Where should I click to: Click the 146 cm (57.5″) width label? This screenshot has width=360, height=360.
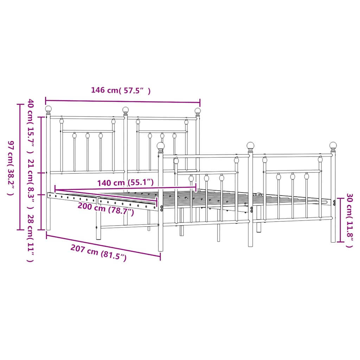[121, 90]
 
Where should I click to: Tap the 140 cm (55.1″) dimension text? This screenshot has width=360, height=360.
[126, 182]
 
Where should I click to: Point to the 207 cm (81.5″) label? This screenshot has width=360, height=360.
[98, 253]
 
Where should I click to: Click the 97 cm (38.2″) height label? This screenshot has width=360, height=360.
[11, 168]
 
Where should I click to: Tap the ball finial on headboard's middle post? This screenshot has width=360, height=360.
[125, 110]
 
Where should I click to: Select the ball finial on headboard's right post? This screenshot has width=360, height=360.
[198, 111]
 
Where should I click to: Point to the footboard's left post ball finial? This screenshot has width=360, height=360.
[161, 146]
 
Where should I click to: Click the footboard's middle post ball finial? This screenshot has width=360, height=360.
[250, 145]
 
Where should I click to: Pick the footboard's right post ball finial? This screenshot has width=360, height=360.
[333, 145]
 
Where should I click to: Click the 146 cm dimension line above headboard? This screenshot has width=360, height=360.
[123, 101]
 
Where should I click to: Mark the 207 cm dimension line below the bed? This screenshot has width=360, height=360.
[103, 247]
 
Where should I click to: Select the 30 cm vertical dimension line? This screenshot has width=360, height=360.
[340, 220]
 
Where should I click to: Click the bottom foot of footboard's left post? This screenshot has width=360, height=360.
[161, 249]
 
